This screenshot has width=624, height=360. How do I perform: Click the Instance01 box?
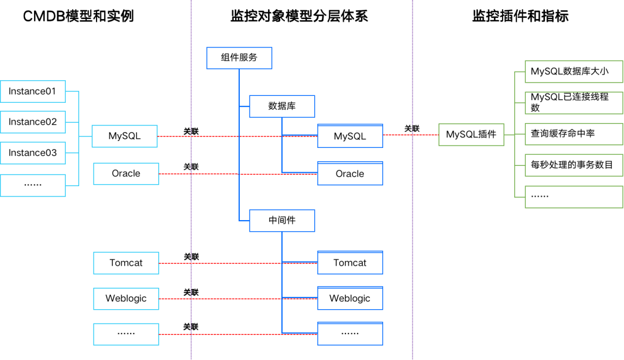click(x=33, y=91)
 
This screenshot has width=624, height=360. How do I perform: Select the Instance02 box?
click(x=33, y=122)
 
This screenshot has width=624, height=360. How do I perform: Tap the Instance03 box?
click(x=33, y=153)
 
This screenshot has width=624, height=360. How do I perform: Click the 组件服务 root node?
click(x=239, y=58)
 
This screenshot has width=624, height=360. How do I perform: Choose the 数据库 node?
click(x=282, y=106)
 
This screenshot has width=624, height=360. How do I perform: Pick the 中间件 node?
click(x=282, y=221)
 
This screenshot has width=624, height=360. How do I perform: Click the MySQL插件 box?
click(x=471, y=135)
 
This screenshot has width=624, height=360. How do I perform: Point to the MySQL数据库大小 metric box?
click(x=574, y=72)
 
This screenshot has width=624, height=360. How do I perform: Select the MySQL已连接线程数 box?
click(x=574, y=102)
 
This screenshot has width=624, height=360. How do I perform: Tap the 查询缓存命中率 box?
click(x=574, y=133)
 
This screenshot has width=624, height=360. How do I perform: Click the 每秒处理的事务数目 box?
click(x=574, y=165)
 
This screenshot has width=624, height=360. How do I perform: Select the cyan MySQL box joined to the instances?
click(x=125, y=136)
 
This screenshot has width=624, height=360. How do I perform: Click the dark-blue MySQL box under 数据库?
click(x=350, y=136)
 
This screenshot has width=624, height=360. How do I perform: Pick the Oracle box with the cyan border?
click(x=126, y=173)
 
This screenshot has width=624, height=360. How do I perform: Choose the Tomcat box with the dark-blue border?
click(x=350, y=263)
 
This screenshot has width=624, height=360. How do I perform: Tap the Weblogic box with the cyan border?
click(x=126, y=299)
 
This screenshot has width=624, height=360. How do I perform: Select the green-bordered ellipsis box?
click(x=574, y=196)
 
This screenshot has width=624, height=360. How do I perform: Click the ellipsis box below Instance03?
click(x=33, y=185)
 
